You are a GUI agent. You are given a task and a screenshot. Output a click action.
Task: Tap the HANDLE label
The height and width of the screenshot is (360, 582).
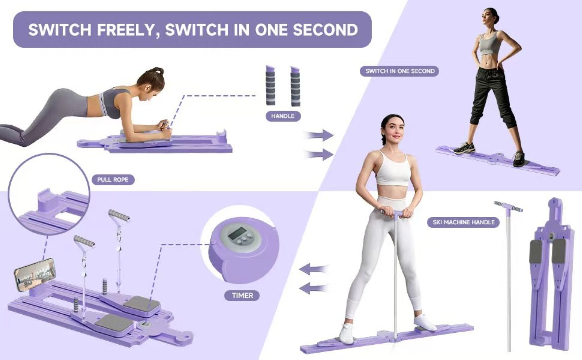pos(283,116)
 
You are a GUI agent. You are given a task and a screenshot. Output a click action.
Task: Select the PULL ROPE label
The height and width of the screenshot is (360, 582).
pos(113,180)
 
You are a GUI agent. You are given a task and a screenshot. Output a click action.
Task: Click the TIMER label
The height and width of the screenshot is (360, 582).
pos(242,296)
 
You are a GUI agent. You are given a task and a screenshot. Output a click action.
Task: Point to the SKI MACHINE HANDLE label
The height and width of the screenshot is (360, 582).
pos(463,222)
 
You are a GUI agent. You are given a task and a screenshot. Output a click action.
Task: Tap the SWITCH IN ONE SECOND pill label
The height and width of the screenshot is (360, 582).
pos(400,71)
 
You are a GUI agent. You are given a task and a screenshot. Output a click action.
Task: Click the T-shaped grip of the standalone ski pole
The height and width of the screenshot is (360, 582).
pos(508,207)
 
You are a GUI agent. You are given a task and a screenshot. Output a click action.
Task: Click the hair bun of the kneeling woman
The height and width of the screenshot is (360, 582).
pos(158,71)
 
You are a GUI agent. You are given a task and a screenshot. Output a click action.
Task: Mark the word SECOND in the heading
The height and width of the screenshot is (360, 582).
pos(325,30)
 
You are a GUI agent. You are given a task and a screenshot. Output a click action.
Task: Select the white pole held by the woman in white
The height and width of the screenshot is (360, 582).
pos(396,276)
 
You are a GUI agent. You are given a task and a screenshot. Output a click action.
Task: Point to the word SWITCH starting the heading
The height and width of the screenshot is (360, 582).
pos(60,30)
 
